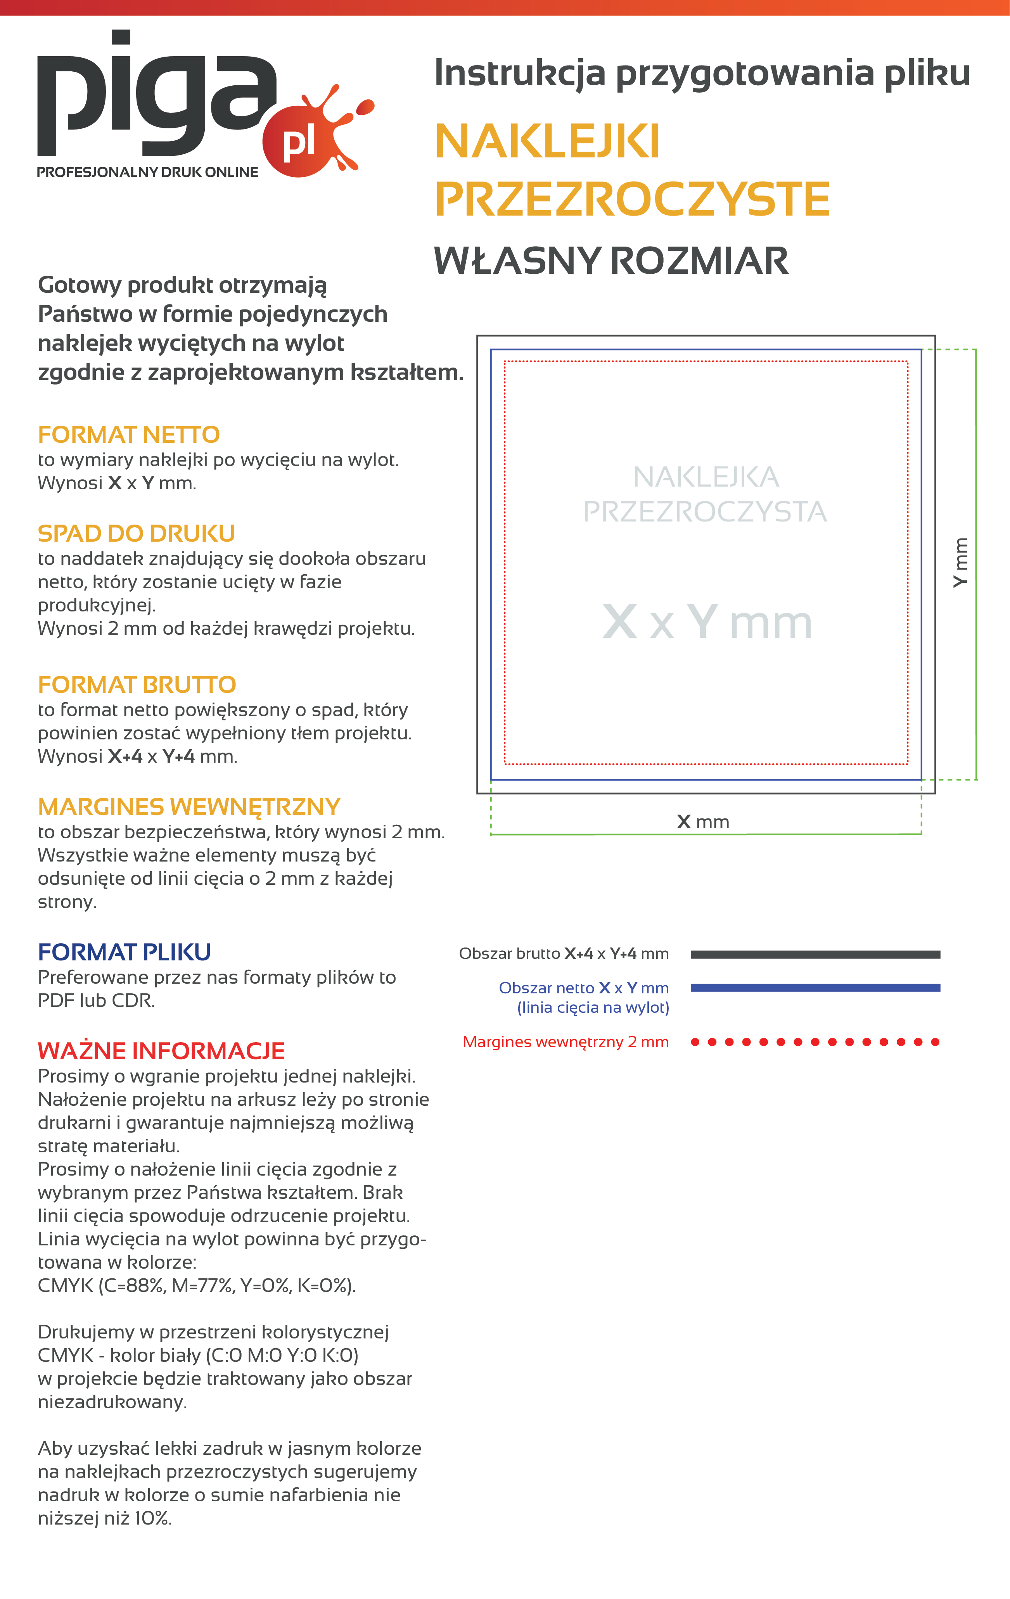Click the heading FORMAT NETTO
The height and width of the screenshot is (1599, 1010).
128,435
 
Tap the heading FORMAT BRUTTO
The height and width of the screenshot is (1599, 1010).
137,685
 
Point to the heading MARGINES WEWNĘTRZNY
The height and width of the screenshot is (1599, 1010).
189,807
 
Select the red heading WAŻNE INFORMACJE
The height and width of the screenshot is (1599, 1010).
161,1051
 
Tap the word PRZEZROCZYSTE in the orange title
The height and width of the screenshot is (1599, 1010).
632,199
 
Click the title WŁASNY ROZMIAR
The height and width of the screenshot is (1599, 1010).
610,261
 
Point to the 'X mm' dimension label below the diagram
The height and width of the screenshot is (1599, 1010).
703,822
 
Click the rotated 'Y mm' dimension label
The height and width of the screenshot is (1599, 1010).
961,563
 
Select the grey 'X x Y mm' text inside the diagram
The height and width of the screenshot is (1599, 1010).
707,622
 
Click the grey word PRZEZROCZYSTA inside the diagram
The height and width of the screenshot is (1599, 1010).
705,512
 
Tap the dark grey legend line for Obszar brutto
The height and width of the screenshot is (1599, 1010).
815,954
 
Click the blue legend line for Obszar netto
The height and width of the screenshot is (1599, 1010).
815,988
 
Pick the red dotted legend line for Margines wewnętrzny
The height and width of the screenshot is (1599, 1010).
815,1042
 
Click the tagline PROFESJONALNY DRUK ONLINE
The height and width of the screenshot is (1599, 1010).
147,173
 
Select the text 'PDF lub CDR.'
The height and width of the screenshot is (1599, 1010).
96,1001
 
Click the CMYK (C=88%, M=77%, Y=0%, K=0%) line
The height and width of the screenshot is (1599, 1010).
197,1286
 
